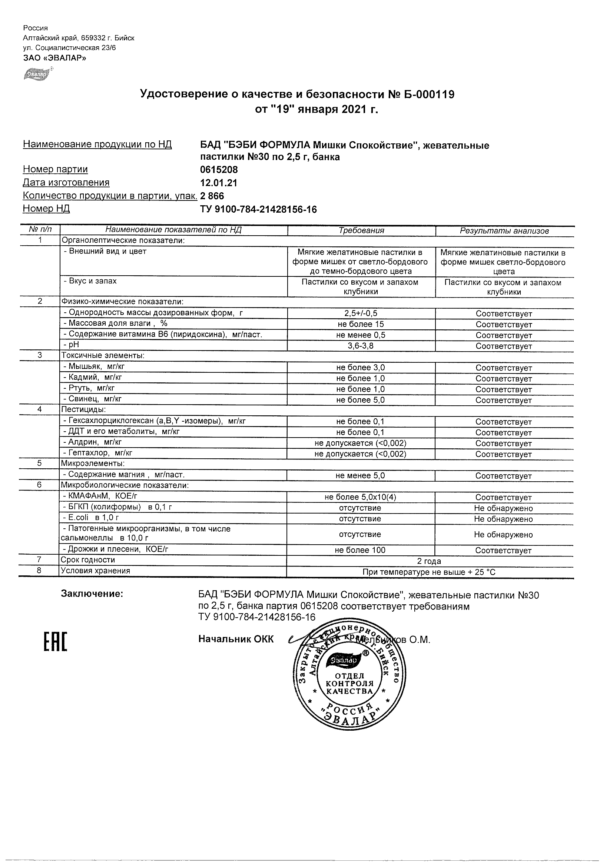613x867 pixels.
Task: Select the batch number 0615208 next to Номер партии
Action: tap(219, 170)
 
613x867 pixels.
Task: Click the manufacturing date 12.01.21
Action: tap(218, 183)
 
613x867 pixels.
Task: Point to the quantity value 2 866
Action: tap(212, 196)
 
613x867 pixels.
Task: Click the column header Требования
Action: tap(361, 231)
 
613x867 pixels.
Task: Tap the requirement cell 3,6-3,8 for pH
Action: tap(360, 346)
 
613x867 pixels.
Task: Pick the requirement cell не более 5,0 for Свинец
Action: tap(360, 400)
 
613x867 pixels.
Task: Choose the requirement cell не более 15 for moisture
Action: tap(360, 324)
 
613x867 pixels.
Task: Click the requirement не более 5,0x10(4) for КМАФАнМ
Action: tap(360, 497)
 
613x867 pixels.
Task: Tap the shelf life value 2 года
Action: tap(429, 561)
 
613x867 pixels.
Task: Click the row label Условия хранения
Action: tap(96, 571)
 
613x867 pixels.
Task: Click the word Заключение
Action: tap(92, 594)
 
